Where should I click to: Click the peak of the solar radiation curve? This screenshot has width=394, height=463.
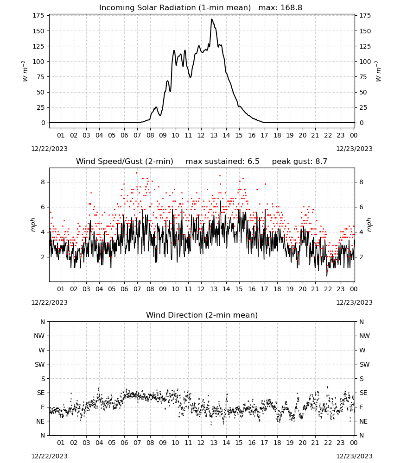coord(212,19)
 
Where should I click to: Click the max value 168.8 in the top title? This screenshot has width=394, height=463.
coord(291,8)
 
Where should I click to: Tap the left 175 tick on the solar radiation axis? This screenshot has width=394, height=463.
coord(39,15)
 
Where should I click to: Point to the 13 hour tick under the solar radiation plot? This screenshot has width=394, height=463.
coord(214,135)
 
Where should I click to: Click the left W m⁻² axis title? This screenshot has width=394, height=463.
coord(25,71)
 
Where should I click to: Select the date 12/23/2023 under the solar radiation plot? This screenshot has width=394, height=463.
coord(354,149)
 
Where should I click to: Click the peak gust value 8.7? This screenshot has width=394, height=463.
coord(321,162)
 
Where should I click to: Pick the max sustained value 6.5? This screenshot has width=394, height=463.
coord(253,162)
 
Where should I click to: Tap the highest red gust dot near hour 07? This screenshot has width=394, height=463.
coord(136,173)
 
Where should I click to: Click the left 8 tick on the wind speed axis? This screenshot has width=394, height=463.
coord(43,182)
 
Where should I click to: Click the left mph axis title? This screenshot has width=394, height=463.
coord(33,225)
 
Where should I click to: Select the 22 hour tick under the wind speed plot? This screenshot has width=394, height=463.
coord(328,289)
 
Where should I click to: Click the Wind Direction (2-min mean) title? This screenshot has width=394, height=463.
coord(202,315)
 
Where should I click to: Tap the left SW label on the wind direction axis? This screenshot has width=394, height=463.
coord(40,364)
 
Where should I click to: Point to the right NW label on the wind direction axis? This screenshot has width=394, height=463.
coord(364,336)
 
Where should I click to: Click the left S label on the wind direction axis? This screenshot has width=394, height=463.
coord(43,379)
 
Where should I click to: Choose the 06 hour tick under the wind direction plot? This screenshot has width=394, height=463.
coord(124,443)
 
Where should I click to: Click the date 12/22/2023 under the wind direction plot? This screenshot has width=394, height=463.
coord(49,456)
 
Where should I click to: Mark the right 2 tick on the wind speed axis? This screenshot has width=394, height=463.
coord(361,257)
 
